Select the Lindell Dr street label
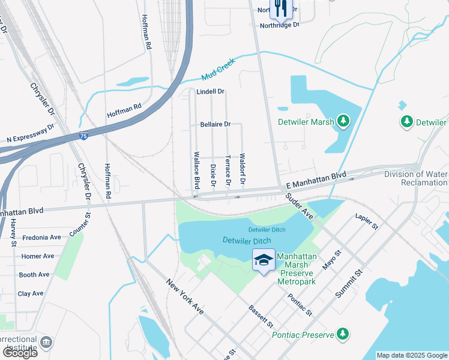pos(210,92)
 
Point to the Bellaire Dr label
pos(215,124)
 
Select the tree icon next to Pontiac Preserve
pos(343,333)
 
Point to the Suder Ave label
pos(300,206)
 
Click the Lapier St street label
pos(366,221)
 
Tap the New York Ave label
pos(185,297)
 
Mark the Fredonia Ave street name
pos(41,238)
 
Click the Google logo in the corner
pos(20,353)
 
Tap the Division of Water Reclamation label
pos(416,178)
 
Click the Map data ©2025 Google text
pos(411,355)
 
